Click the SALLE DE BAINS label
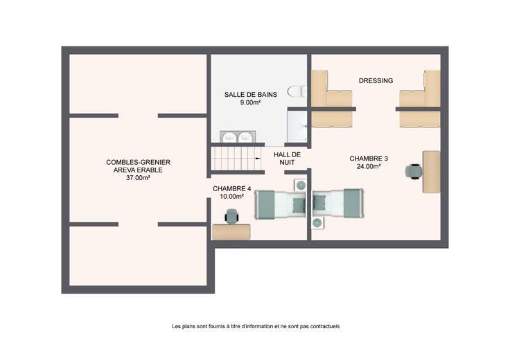tap(250, 95)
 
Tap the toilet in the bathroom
tap(297, 91)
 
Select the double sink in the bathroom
tap(238, 137)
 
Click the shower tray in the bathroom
tap(297, 126)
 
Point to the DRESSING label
tap(376, 80)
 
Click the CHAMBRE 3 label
tap(369, 159)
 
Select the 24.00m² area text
tap(369, 167)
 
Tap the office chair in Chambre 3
tap(414, 171)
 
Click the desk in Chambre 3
tap(432, 172)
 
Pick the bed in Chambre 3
tap(337, 204)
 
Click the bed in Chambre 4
tap(281, 204)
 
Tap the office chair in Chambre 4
tap(232, 217)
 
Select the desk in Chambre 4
tap(231, 232)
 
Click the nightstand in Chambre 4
tap(301, 186)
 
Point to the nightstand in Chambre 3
tap(317, 223)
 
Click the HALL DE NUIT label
tap(287, 159)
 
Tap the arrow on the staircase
tap(258, 159)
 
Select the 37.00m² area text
tap(138, 178)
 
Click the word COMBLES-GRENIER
tap(138, 162)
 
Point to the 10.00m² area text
tap(231, 197)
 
